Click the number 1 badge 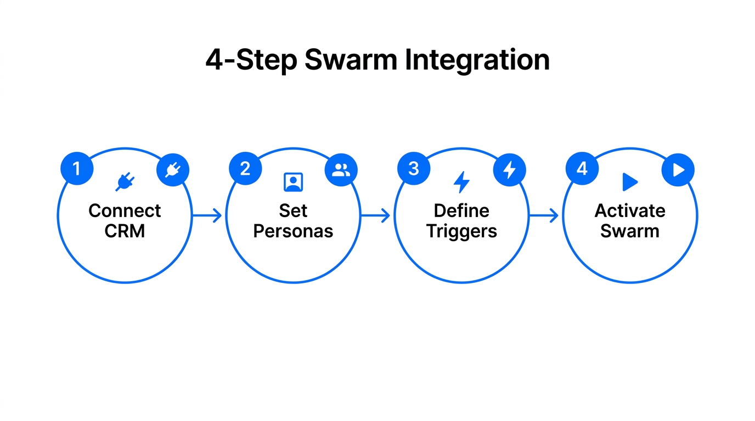(77, 168)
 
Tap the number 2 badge (245, 168)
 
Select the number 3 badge (414, 168)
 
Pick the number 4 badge (582, 168)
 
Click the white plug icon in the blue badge (173, 170)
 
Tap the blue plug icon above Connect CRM (125, 183)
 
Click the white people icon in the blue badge (341, 170)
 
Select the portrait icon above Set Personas (293, 182)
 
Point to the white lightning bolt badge (510, 170)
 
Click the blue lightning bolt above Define (461, 182)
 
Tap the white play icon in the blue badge (678, 170)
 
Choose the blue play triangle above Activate (630, 182)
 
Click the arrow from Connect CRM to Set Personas (207, 215)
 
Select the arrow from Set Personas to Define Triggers (376, 215)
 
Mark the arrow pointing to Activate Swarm (544, 215)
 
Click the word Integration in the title (477, 60)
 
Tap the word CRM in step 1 (125, 231)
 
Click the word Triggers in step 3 (461, 231)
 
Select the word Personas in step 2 (293, 231)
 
